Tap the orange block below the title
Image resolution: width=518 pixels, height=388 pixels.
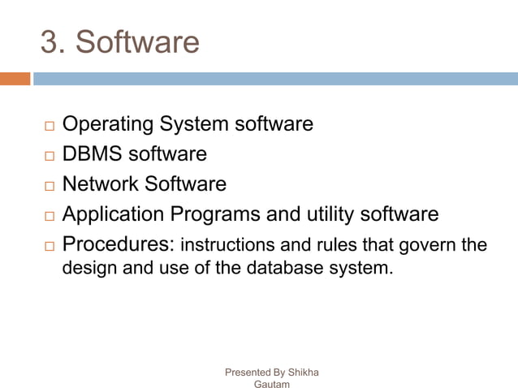point(15,79)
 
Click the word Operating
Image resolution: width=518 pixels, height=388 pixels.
point(108,125)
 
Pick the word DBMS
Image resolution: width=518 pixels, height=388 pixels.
point(88,154)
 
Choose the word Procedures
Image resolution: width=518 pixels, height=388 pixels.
point(118,244)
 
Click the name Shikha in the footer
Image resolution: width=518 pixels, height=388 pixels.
point(301,373)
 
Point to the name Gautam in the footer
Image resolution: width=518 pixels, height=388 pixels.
point(272,384)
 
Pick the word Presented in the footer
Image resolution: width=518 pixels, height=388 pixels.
point(248,373)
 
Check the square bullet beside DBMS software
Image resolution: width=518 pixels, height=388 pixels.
point(49,156)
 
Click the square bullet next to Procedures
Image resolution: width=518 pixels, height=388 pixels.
point(49,246)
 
